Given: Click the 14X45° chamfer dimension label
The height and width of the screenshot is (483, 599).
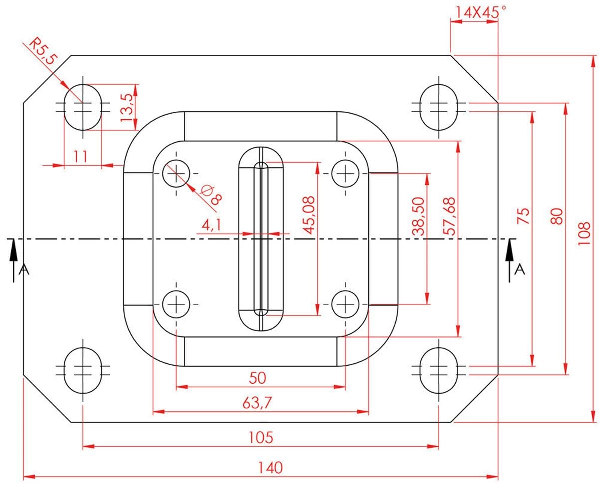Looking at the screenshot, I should [x=477, y=12].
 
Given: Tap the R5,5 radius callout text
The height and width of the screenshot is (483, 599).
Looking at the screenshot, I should [x=42, y=51].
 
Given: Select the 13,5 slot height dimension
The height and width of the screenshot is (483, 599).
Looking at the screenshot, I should [x=126, y=107].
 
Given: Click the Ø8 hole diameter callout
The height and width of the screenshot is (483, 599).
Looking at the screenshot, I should [x=210, y=195].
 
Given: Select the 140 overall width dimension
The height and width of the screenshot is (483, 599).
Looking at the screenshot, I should [x=270, y=467].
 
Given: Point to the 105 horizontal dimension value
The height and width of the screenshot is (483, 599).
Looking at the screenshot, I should [x=261, y=437].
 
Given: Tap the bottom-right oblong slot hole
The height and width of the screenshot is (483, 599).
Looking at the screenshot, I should [x=438, y=369].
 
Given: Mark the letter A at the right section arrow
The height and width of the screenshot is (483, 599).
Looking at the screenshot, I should [x=520, y=269].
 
